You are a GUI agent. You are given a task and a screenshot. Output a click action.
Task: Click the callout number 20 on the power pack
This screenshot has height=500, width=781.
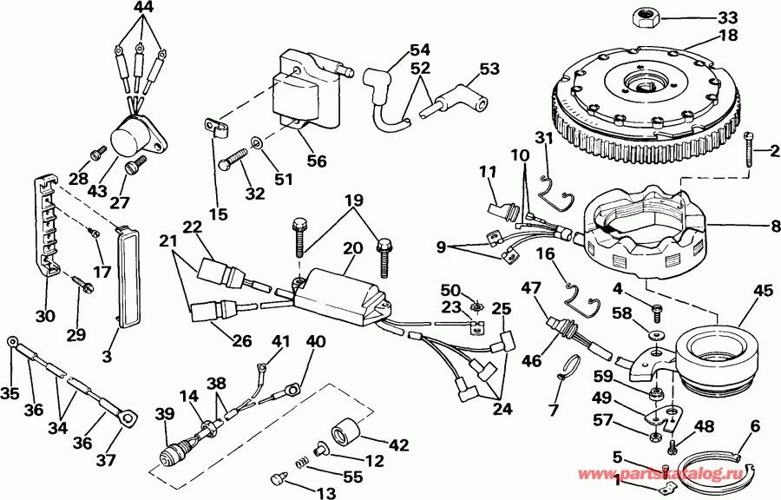click(x=352, y=248)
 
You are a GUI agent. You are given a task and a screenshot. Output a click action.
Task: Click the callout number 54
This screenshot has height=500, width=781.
click(x=420, y=49)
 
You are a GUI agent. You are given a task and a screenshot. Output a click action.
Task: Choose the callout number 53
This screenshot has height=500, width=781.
click(x=489, y=68)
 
